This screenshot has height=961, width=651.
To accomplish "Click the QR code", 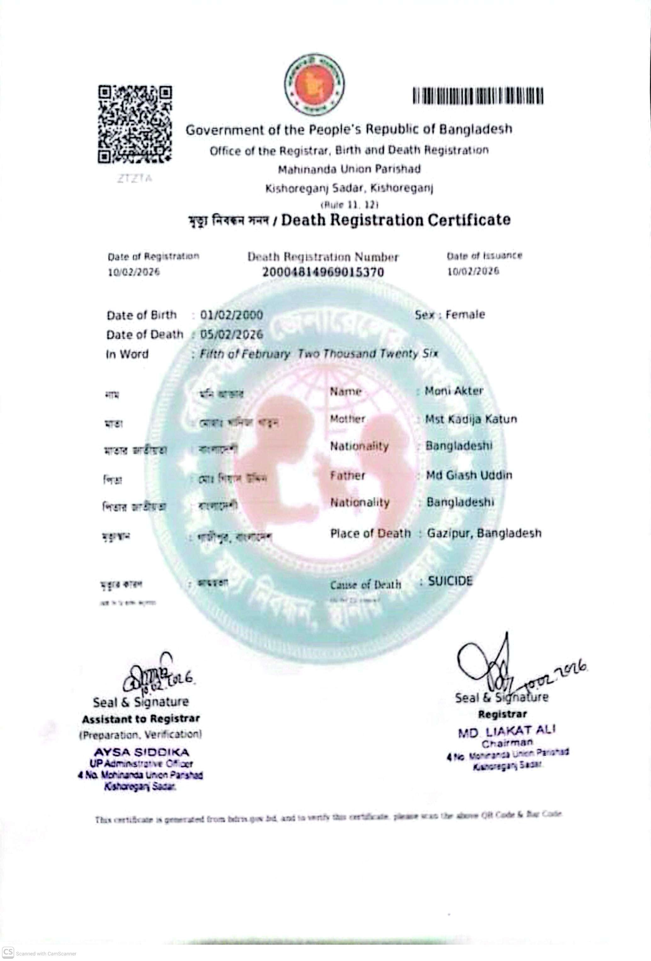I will pyautogui.click(x=135, y=124).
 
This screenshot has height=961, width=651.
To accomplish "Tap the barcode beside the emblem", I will pyautogui.click(x=478, y=96).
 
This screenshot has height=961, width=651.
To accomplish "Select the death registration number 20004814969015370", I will pyautogui.click(x=323, y=272).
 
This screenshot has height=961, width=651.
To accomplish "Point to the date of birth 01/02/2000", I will pyautogui.click(x=231, y=315).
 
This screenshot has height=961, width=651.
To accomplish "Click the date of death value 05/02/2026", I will pyautogui.click(x=231, y=334).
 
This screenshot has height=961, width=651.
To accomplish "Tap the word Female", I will pyautogui.click(x=465, y=315).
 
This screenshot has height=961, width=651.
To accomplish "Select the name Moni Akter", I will pyautogui.click(x=454, y=391).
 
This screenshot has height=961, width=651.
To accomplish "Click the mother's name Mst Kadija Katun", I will pyautogui.click(x=471, y=419).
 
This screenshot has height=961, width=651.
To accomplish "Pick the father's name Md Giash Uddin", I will pyautogui.click(x=469, y=475).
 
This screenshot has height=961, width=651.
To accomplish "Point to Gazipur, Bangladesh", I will pyautogui.click(x=484, y=533).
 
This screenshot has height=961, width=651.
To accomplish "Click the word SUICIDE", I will pyautogui.click(x=450, y=581).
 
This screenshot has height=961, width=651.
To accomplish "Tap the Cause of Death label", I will pyautogui.click(x=366, y=585).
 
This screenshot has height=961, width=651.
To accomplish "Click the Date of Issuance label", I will pyautogui.click(x=484, y=256).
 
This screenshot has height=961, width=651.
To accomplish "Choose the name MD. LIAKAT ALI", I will pyautogui.click(x=507, y=731).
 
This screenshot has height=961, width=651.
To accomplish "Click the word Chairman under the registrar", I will pyautogui.click(x=507, y=743).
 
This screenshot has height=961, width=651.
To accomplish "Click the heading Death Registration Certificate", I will pyautogui.click(x=396, y=220).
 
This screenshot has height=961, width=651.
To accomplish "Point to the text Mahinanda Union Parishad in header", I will pyautogui.click(x=349, y=169).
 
